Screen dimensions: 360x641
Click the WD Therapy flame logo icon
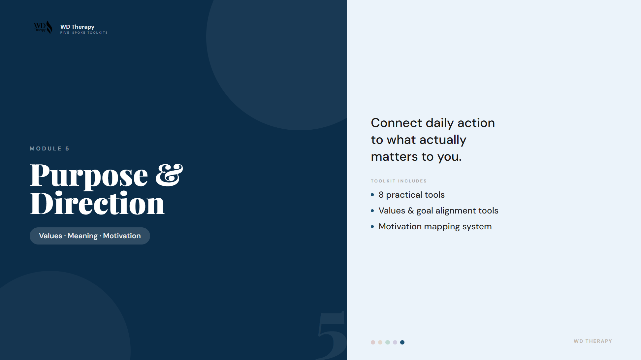tap(43, 27)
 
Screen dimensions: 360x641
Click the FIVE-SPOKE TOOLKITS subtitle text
tap(84, 33)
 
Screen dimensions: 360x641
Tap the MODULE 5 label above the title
tap(49, 148)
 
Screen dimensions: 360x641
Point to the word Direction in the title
tap(97, 204)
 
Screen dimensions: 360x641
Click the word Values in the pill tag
tap(50, 236)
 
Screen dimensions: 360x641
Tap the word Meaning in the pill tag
tap(82, 236)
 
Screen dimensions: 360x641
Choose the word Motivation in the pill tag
tap(122, 236)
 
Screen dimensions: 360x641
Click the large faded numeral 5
tap(332, 335)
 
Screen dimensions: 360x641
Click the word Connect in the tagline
tap(396, 123)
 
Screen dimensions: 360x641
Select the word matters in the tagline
tap(394, 157)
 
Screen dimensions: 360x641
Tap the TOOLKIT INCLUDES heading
tap(399, 181)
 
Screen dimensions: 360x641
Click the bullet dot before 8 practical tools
tap(372, 195)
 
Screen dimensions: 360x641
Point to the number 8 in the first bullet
tap(381, 195)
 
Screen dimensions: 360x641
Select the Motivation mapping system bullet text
tap(435, 227)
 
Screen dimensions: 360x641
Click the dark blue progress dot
tap(402, 342)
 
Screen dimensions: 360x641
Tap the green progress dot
tap(388, 342)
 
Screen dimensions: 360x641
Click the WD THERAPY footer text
tap(593, 341)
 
